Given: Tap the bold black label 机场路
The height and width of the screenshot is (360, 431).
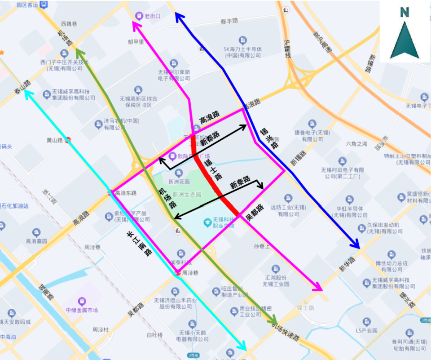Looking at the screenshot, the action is tap(167, 198).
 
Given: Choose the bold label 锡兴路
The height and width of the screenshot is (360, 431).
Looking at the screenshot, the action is tap(269, 138).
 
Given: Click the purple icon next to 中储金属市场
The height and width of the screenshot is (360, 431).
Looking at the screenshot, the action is tap(82, 301).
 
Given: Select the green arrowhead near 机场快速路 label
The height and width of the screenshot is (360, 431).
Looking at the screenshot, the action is tap(273, 321).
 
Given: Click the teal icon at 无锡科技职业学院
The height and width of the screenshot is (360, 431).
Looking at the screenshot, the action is tap(207, 222).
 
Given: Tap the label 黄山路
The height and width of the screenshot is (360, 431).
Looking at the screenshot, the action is tap(55, 140).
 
